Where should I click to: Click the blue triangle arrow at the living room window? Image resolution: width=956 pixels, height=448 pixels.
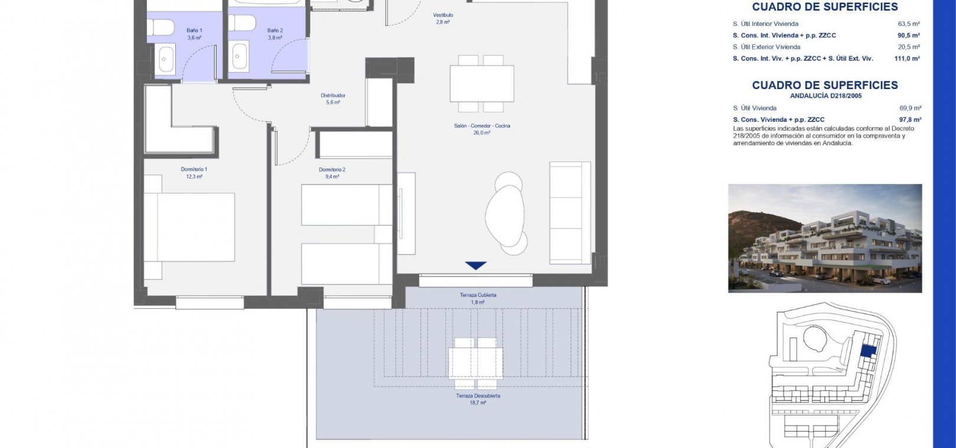pos(476,265)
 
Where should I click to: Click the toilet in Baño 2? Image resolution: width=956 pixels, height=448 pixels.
pos(242,22)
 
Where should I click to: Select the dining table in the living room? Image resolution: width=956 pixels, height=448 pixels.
pos(482,84)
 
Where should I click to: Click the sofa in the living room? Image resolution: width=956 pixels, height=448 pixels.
pos(570,213)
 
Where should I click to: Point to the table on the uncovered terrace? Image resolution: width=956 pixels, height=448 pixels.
pos(476,363)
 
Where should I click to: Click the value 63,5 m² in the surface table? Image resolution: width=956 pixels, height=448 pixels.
pos(909,24)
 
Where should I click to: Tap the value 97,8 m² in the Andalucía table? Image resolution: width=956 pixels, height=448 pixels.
pos(910,120)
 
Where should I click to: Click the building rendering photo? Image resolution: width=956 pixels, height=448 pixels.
pos(825,238)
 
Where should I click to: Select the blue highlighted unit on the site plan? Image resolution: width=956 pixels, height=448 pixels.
pos(869,351)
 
